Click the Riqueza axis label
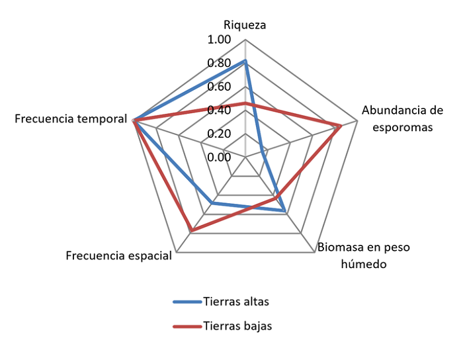245,25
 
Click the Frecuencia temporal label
71,119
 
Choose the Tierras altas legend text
237,302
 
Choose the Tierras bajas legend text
237,326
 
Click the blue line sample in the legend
187,302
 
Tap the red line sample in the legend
187,326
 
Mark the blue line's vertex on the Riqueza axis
245,61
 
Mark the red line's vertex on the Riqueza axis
245,103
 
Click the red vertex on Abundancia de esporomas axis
340,126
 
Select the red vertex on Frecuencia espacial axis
191,231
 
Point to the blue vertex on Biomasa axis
284,211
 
